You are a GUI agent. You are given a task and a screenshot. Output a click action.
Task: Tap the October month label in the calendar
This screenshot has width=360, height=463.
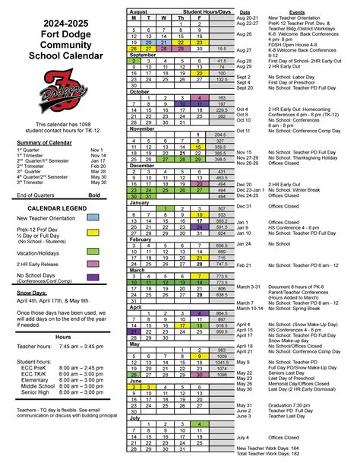click(x=140, y=92)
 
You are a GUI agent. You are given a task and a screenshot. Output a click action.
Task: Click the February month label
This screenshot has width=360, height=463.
click(x=141, y=239)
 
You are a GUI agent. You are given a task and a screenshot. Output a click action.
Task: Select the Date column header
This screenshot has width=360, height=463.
click(x=245, y=13)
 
